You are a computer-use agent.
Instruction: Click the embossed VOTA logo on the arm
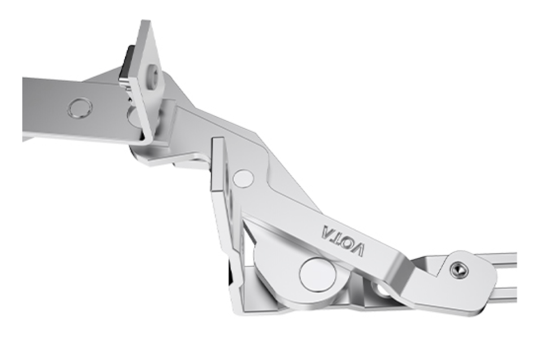[343, 240]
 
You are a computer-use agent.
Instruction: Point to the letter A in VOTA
[327, 231]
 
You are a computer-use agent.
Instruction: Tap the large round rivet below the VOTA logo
[318, 275]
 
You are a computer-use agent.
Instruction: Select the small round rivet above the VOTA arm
[243, 178]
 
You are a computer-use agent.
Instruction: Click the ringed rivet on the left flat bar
[80, 108]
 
